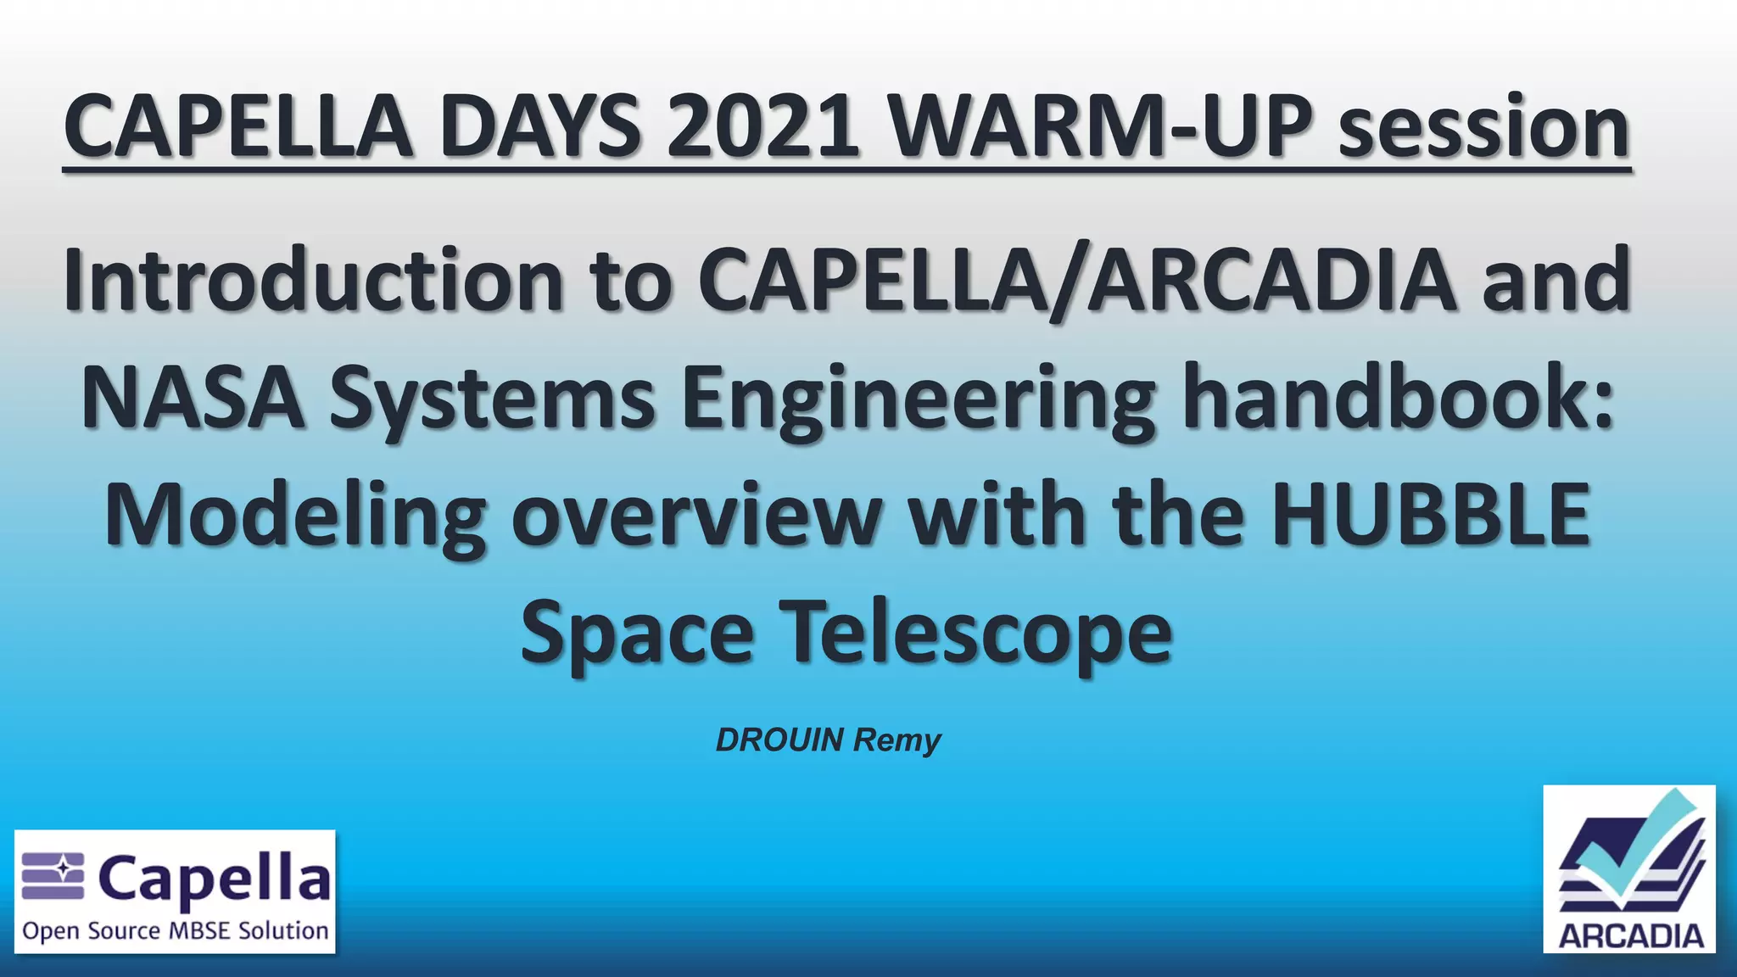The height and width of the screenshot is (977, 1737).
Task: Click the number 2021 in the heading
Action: (x=762, y=127)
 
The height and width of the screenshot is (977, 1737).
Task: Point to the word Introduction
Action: (x=314, y=280)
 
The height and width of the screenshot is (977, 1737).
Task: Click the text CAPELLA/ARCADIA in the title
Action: (x=1076, y=280)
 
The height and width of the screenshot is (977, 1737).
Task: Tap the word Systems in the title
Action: (x=492, y=399)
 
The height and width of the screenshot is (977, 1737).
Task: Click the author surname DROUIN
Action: (x=779, y=740)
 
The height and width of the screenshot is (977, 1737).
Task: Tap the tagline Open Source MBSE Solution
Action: (x=176, y=931)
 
